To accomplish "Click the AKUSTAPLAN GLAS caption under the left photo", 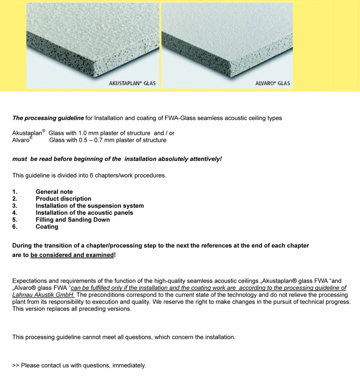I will pyautogui.click(x=132, y=83).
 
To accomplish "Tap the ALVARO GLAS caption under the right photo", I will pyautogui.click(x=272, y=83).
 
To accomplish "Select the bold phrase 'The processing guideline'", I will pyautogui.click(x=48, y=118).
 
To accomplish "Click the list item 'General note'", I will pyautogui.click(x=54, y=192).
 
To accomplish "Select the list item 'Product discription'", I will pyautogui.click(x=63, y=199).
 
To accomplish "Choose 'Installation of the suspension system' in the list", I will pyautogui.click(x=90, y=206).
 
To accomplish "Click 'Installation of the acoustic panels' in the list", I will pyautogui.click(x=84, y=213).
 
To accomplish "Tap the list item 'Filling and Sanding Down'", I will pyautogui.click(x=73, y=220).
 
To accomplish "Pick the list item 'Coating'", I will pyautogui.click(x=47, y=227).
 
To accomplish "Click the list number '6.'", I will pyautogui.click(x=15, y=227).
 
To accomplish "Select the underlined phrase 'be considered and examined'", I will pyautogui.click(x=72, y=255).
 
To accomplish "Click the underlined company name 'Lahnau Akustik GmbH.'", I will pyautogui.click(x=43, y=295).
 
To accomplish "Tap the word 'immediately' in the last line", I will pyautogui.click(x=129, y=366).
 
